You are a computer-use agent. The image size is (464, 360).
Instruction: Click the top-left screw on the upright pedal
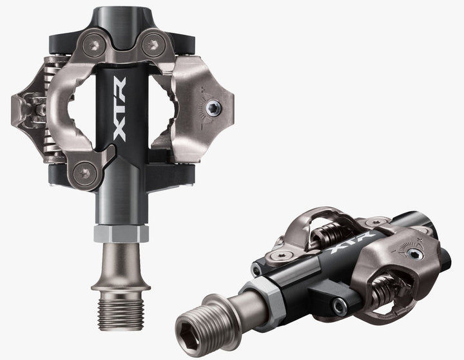click(x=93, y=43)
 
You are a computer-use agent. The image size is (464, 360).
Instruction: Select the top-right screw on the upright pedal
click(x=152, y=43)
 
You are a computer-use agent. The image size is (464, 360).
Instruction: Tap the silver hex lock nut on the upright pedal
click(x=121, y=234)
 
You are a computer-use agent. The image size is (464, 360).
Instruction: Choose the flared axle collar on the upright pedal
click(x=121, y=264)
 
